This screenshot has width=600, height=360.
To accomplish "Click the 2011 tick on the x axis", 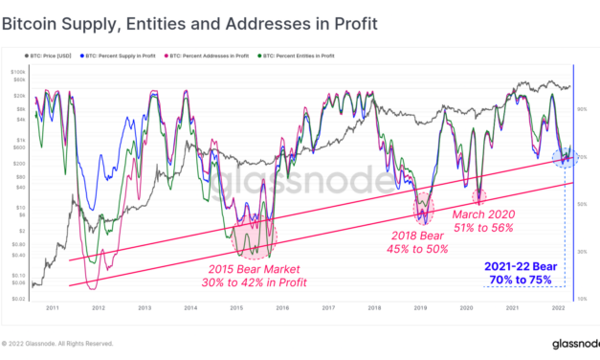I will tap(56, 309).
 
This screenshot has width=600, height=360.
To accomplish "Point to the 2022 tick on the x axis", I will tap(557, 309).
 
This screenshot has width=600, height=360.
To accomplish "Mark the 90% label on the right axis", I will tap(582, 108).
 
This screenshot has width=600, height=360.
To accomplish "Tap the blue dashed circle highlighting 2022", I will tap(565, 156).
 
